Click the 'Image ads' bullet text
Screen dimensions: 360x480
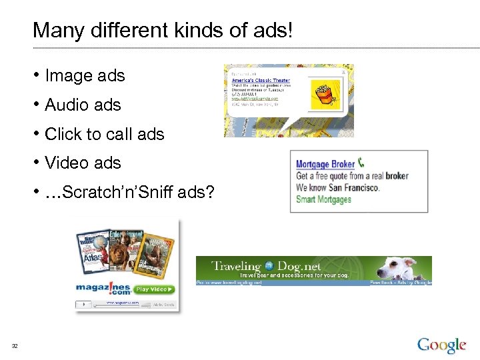(x=85, y=76)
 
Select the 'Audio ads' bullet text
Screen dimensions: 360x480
(x=83, y=105)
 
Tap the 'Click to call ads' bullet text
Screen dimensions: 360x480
(x=104, y=134)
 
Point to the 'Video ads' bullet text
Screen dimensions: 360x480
(x=83, y=163)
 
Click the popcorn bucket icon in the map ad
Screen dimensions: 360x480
(x=325, y=95)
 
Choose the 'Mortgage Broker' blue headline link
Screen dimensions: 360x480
(x=325, y=164)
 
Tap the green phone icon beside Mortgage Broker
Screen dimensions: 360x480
(x=361, y=162)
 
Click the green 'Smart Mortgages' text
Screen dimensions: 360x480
(x=323, y=199)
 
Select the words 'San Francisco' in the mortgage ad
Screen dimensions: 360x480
(x=353, y=188)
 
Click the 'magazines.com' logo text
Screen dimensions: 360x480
(x=103, y=289)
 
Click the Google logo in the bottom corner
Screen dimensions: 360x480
(x=441, y=345)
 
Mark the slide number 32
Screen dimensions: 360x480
(x=15, y=345)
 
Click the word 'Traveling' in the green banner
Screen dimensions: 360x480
(x=236, y=266)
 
